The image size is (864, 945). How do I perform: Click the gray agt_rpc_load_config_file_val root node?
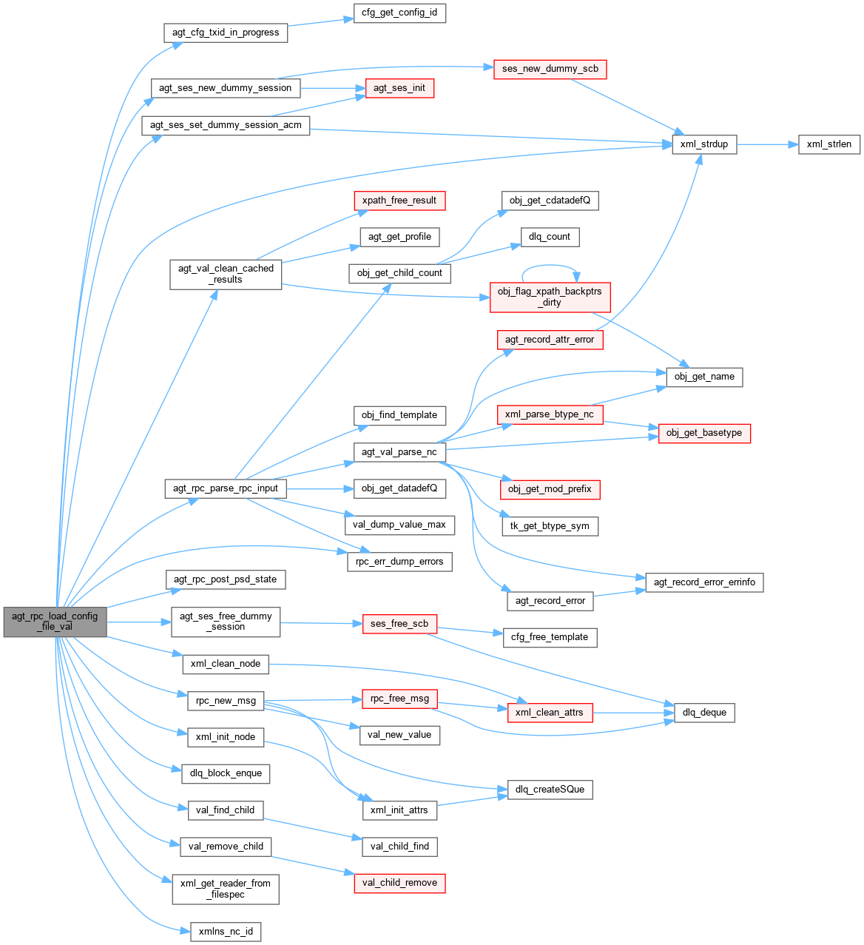pyautogui.click(x=55, y=622)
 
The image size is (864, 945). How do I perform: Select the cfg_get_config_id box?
pyautogui.click(x=399, y=13)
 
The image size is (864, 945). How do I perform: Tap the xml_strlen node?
pyautogui.click(x=828, y=144)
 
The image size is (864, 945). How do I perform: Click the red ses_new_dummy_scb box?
pyautogui.click(x=550, y=69)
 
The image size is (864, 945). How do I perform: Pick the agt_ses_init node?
pyautogui.click(x=399, y=88)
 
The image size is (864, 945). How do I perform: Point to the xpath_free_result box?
pyautogui.click(x=399, y=201)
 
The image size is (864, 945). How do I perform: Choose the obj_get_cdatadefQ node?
pyautogui.click(x=550, y=201)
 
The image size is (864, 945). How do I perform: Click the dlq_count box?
pyautogui.click(x=549, y=237)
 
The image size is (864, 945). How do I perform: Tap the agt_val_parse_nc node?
pyautogui.click(x=399, y=451)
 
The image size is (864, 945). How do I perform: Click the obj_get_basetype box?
pyautogui.click(x=703, y=433)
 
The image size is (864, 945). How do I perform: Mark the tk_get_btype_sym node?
pyautogui.click(x=550, y=526)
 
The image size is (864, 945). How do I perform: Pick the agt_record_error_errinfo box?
pyautogui.click(x=704, y=582)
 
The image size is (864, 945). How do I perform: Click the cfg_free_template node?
pyautogui.click(x=550, y=637)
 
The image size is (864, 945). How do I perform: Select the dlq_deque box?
pyautogui.click(x=704, y=713)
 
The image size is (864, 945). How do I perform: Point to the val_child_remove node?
pyautogui.click(x=399, y=883)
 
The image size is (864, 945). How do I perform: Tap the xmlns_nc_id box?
pyautogui.click(x=226, y=931)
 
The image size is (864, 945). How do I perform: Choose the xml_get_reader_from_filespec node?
pyautogui.click(x=226, y=889)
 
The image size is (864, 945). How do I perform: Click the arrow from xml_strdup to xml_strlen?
pyautogui.click(x=767, y=144)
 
